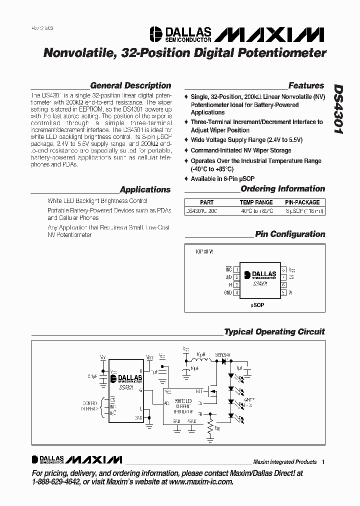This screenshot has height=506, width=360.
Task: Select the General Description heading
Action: (x=130, y=85)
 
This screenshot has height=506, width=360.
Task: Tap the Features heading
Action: (x=306, y=85)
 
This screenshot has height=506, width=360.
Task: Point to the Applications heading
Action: (x=145, y=189)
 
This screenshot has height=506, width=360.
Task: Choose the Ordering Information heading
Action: (x=282, y=188)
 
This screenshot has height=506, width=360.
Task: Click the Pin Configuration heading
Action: (x=290, y=234)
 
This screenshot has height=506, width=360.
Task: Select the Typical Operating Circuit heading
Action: (x=274, y=331)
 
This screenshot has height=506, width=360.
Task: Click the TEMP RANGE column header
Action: (x=256, y=202)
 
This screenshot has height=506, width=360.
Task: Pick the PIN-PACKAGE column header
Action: (x=302, y=202)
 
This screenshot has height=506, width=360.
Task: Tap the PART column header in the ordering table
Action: (x=206, y=202)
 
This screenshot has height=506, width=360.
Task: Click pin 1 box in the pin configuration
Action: (x=236, y=269)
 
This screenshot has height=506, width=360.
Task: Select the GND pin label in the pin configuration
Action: (x=228, y=292)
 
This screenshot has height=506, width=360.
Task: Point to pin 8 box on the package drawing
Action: (x=283, y=269)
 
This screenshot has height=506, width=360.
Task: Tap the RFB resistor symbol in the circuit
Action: (x=210, y=427)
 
